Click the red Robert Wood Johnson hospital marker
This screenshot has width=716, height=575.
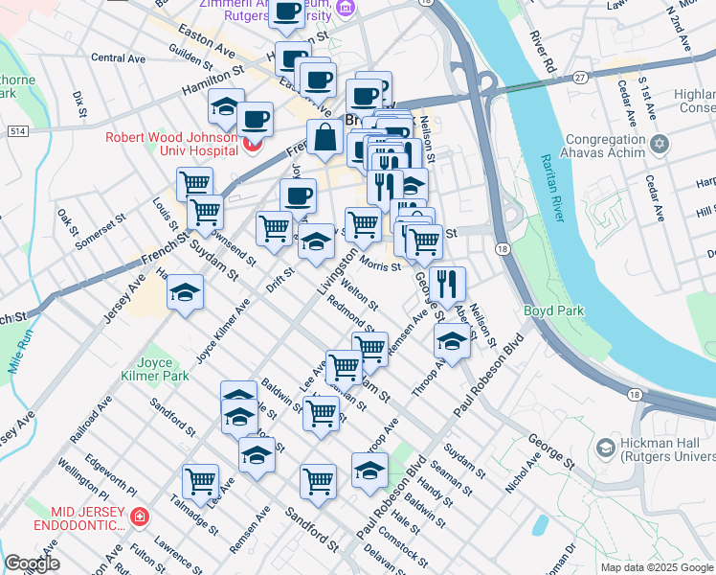[x=253, y=145]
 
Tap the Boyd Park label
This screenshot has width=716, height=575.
[x=547, y=311]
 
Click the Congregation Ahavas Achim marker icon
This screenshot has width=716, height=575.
[x=659, y=145]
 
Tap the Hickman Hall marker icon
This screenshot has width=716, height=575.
[x=604, y=447]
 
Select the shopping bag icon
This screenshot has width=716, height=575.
[x=325, y=137]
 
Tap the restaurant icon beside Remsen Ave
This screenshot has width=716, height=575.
[x=446, y=283]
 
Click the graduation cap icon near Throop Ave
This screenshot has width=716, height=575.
[x=452, y=340]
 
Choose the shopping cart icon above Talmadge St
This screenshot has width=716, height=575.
[x=200, y=481]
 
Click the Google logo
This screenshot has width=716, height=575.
[x=32, y=563]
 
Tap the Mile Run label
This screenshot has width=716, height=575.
[x=21, y=351]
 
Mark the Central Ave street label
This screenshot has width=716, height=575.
[x=118, y=58]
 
